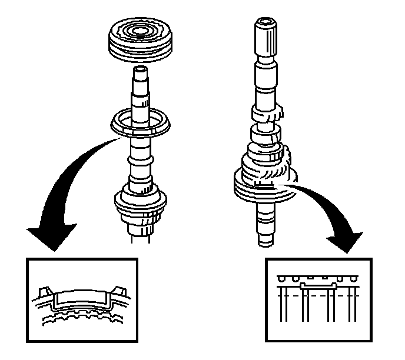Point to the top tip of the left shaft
(141, 70)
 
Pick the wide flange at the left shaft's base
(139, 202)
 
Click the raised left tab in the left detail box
(43, 291)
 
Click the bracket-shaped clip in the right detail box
(318, 288)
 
